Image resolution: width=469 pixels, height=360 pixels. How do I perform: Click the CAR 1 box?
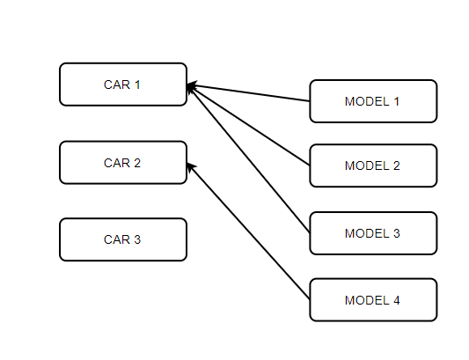coord(123,84)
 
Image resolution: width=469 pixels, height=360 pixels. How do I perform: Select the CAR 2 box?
coord(123,163)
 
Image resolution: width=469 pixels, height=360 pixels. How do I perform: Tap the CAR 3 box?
coord(123,239)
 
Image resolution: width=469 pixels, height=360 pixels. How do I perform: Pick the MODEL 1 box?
coord(373,101)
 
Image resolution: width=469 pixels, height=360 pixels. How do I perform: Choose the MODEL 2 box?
coord(373,165)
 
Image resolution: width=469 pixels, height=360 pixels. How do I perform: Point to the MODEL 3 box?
coord(373,233)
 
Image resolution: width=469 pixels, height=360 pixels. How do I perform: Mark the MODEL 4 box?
coord(373,300)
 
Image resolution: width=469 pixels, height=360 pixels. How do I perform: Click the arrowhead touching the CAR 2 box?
coord(191,166)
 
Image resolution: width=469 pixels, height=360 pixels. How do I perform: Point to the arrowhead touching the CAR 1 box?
coord(192,86)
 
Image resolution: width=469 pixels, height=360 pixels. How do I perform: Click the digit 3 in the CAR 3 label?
coord(136,239)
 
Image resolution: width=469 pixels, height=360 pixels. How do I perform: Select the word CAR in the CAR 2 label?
coord(116,163)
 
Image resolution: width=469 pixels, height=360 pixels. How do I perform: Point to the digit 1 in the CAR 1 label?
coord(136,84)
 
